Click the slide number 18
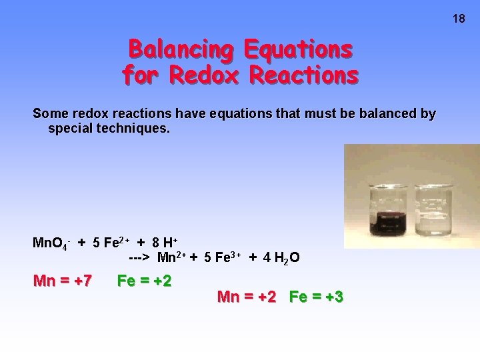click(459, 19)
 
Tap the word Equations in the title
click(298, 49)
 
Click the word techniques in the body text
click(134, 127)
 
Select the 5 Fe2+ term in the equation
click(111, 243)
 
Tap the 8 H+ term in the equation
click(165, 243)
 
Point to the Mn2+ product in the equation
click(172, 257)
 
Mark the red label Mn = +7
click(63, 281)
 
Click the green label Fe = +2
click(144, 281)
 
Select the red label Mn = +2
click(246, 297)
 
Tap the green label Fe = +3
click(316, 297)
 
